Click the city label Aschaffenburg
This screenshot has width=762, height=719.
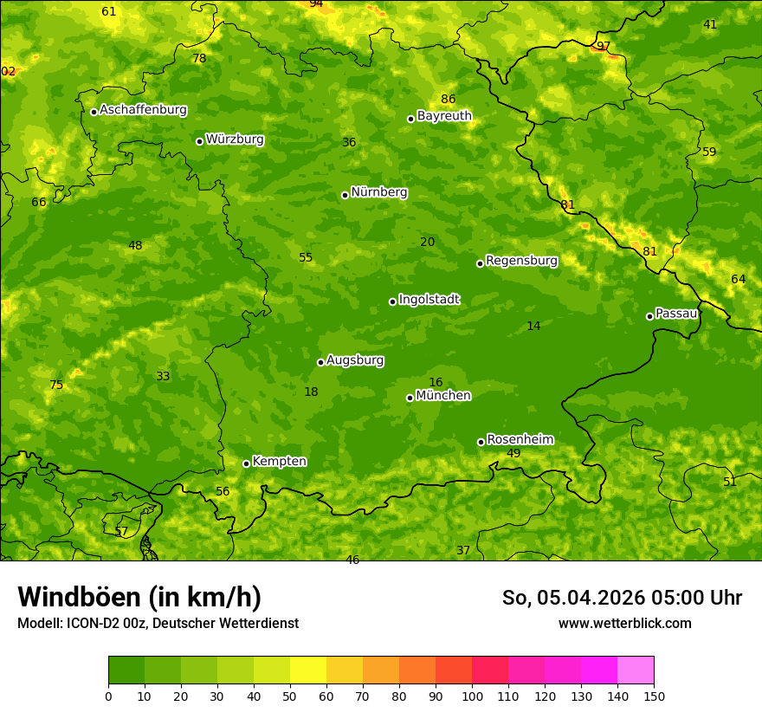[x=143, y=110]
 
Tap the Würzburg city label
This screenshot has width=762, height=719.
[x=235, y=139]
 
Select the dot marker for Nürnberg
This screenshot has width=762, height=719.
[x=345, y=195]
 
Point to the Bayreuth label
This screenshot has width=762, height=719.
[x=444, y=116]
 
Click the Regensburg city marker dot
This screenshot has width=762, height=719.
[x=480, y=263]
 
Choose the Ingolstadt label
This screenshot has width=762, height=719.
[x=429, y=300]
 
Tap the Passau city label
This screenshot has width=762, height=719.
[x=676, y=314]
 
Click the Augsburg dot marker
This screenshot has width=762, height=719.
[x=320, y=362]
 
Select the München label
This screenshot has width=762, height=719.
[x=443, y=396]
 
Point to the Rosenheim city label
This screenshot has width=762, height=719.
[x=520, y=440]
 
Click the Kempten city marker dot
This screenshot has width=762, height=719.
[x=246, y=463]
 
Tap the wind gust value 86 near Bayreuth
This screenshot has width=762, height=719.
[x=448, y=100]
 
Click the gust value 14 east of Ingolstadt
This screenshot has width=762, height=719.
[x=533, y=327]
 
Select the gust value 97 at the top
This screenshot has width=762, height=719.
[x=604, y=47]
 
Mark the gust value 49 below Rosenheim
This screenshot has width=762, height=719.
[x=513, y=454]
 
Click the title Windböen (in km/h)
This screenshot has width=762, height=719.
[x=139, y=597]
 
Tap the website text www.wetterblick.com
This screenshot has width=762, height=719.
[x=624, y=624]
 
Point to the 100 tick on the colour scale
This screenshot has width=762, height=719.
[x=472, y=696]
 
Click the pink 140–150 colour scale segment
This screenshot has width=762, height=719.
[x=636, y=670]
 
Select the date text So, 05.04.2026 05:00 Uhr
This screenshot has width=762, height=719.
[x=622, y=598]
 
